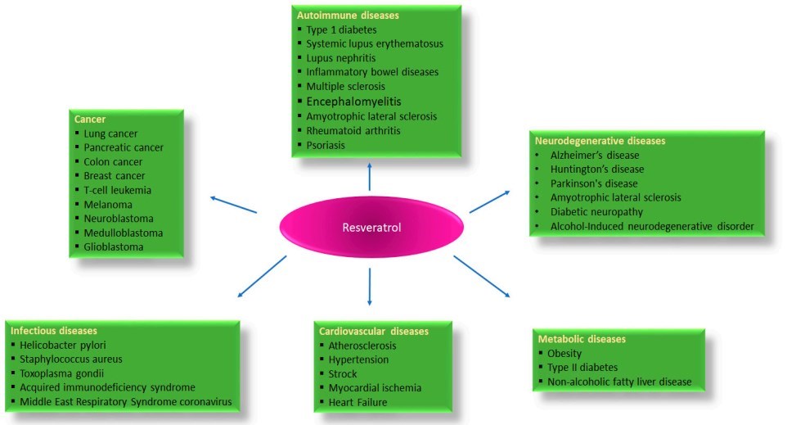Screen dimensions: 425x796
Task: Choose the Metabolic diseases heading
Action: [x=581, y=338]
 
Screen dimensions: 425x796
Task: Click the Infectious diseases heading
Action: [x=54, y=330]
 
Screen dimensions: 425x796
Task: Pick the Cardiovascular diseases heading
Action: [x=373, y=331]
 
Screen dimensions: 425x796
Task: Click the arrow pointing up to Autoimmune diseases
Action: [x=371, y=174]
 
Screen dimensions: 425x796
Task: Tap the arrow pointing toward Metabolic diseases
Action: [x=482, y=277]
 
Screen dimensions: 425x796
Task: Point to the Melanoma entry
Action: [x=108, y=204]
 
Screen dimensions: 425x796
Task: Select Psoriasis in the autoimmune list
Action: [x=326, y=145]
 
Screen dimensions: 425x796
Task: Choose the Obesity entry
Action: [x=564, y=353]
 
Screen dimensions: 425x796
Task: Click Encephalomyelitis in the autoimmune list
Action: [x=353, y=102]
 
